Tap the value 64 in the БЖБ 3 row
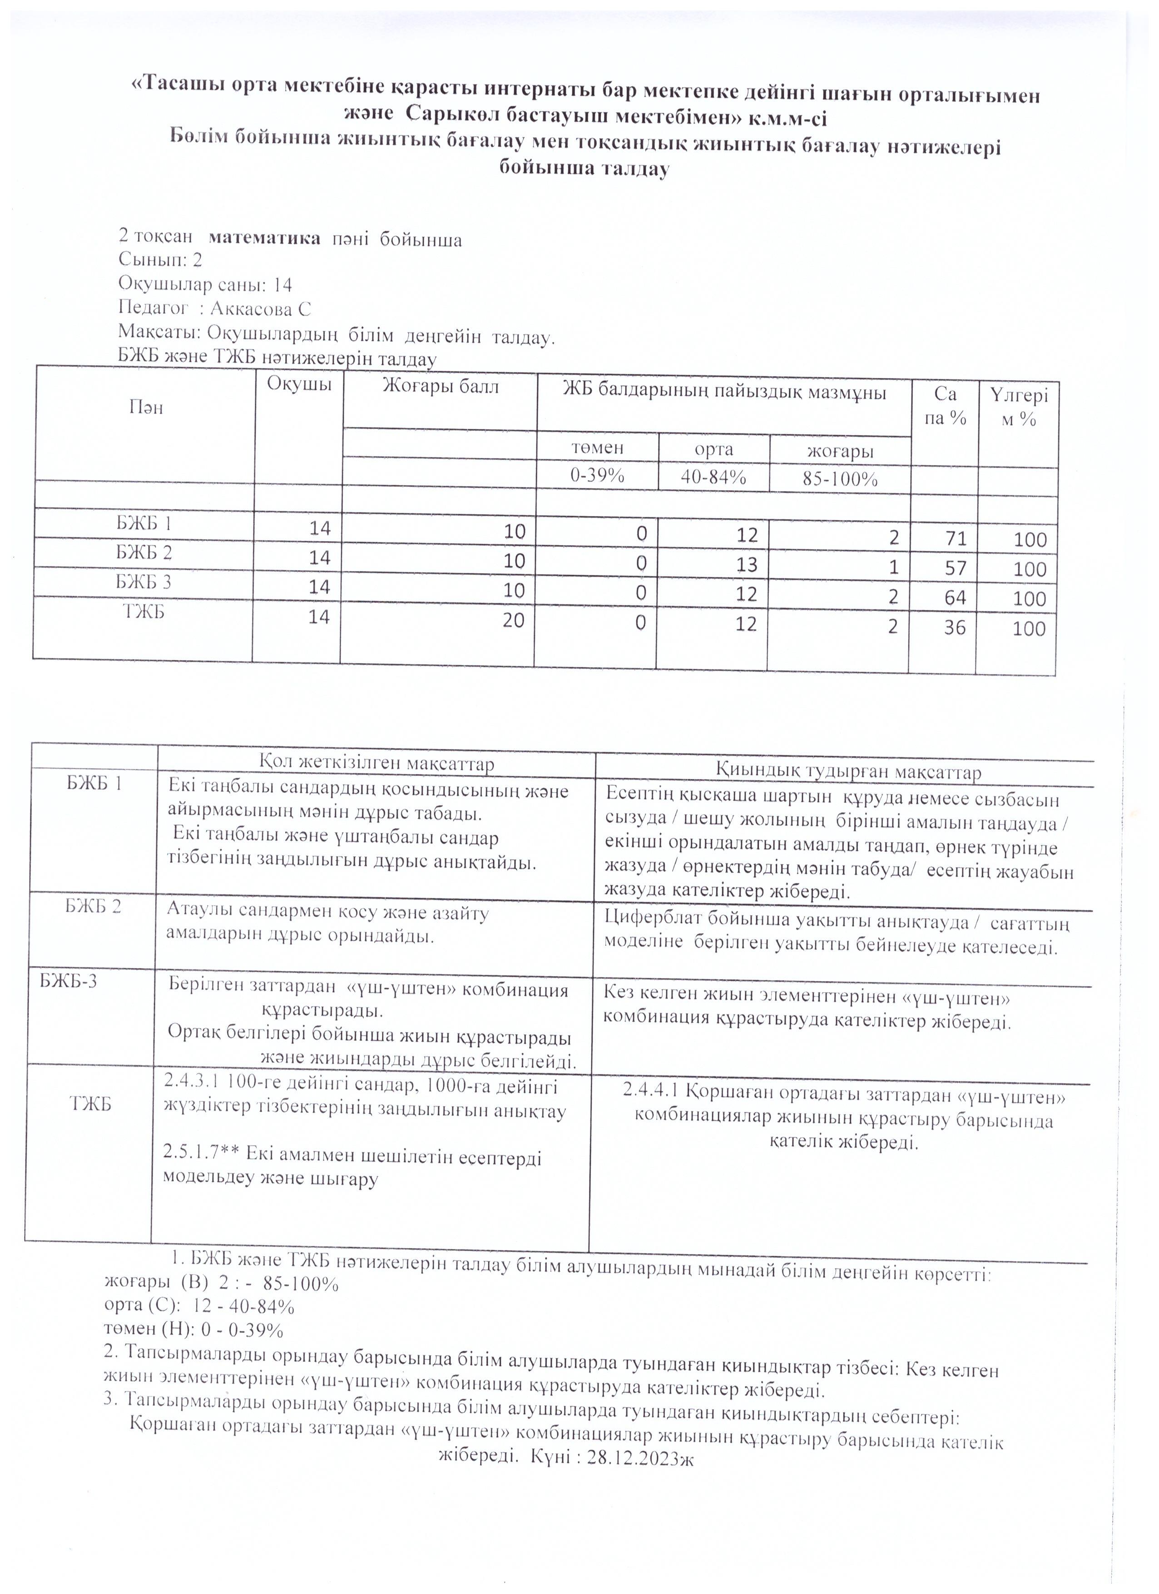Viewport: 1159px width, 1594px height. tap(955, 597)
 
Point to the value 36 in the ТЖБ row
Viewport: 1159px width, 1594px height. tap(955, 627)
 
